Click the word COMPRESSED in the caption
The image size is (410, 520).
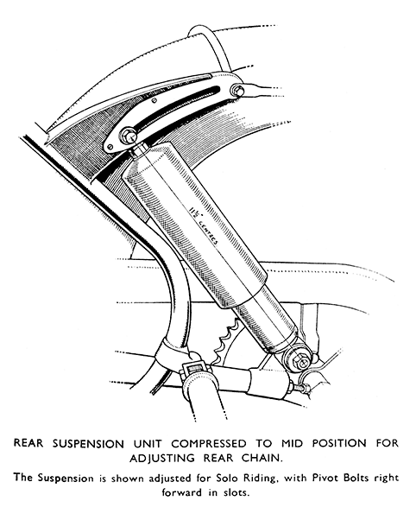(209, 443)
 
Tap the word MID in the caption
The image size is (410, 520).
(293, 443)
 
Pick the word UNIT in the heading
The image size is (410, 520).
(147, 443)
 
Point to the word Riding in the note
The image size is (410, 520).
(261, 479)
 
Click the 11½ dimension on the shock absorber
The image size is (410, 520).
(192, 211)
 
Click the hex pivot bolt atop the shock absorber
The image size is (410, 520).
(129, 136)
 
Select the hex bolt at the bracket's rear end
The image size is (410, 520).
(237, 89)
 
